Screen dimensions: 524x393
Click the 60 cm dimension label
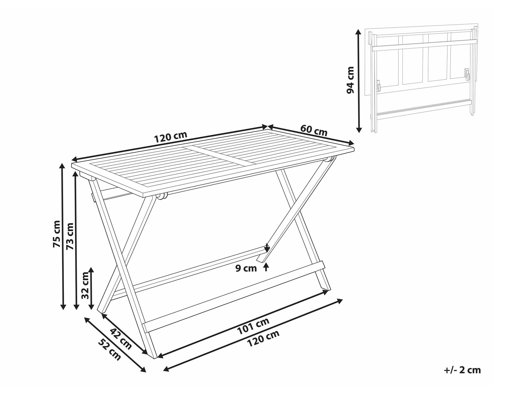pos(314,130)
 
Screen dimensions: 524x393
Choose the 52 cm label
pos(110,349)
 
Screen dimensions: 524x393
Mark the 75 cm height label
pos(57,234)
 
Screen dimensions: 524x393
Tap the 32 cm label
pos(85,286)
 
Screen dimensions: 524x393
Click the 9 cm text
pos(246,268)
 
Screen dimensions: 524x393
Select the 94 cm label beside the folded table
pos(350,80)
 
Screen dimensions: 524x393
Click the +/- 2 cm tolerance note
pos(462,370)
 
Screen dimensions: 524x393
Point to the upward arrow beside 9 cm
pos(266,267)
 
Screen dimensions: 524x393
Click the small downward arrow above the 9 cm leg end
pos(267,247)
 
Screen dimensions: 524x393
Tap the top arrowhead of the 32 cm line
pos(91,270)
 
